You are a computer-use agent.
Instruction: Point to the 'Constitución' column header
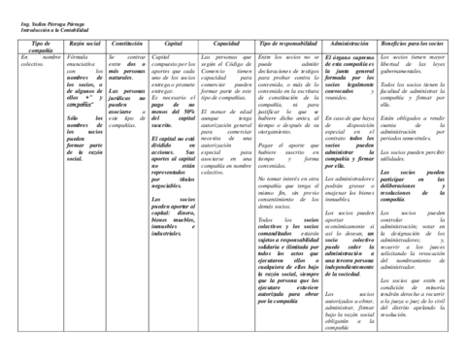pos(128,45)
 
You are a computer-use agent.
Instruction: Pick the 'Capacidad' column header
pos(226,45)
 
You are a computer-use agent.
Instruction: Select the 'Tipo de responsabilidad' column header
pos(287,45)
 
